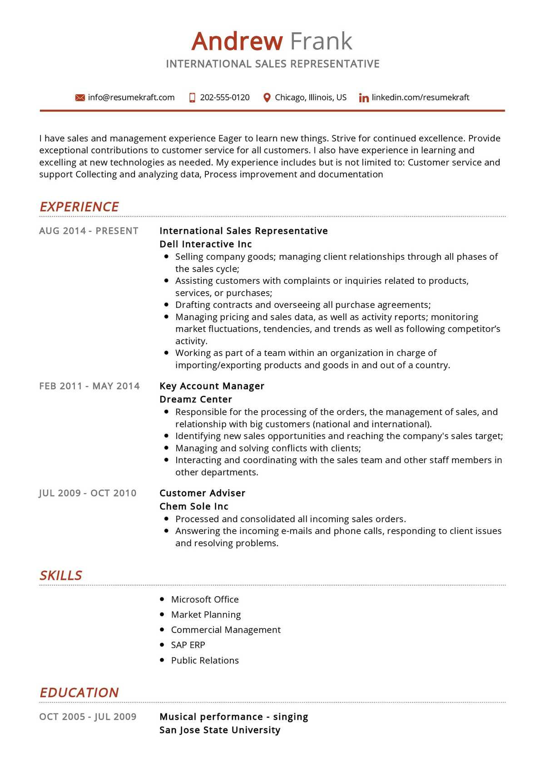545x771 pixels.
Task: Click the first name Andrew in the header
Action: (237, 41)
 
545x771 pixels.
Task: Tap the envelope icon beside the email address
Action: (80, 98)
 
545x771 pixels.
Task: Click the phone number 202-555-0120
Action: (224, 97)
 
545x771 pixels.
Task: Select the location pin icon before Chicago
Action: (267, 98)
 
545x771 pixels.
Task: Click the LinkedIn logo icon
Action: (363, 98)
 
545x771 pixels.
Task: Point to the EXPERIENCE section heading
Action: (79, 207)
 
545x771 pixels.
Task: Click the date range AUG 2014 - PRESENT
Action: (89, 231)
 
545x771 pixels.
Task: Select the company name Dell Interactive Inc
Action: (205, 244)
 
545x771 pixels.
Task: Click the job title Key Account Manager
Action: (212, 386)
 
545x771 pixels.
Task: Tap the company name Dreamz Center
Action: (196, 399)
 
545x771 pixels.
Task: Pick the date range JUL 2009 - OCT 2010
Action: (88, 493)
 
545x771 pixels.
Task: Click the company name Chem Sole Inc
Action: (194, 506)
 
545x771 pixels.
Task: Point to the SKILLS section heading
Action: (61, 575)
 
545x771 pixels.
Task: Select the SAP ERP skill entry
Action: (188, 645)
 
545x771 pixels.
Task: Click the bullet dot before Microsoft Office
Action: (162, 599)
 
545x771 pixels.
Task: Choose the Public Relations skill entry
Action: (205, 660)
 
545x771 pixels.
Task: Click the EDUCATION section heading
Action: (79, 692)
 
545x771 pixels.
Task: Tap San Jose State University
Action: (220, 730)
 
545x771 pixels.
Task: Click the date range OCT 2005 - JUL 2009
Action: (88, 717)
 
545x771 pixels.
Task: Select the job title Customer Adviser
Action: (202, 493)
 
